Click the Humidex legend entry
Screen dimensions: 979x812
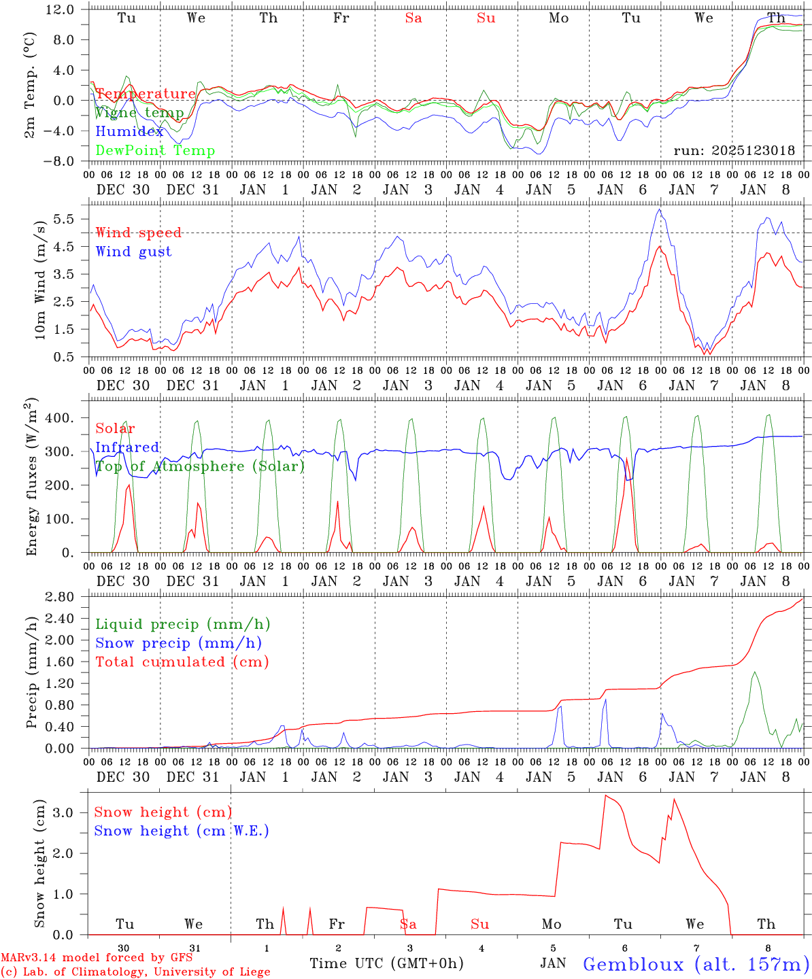[x=129, y=132]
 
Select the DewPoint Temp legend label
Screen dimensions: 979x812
[x=155, y=151]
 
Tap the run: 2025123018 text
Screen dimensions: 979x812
[x=734, y=151]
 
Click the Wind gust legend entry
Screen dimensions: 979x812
[x=133, y=252]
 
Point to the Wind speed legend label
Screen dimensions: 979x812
[x=139, y=233]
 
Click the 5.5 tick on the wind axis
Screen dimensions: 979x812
[x=66, y=219]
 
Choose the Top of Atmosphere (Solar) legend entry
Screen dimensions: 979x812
[x=199, y=466]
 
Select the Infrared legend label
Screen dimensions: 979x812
[x=127, y=447]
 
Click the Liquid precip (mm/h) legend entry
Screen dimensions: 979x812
[x=182, y=624]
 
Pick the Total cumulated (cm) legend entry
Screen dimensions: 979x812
[x=182, y=662]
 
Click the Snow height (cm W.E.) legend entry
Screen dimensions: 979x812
[x=182, y=831]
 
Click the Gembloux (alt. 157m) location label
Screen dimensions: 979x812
[x=696, y=964]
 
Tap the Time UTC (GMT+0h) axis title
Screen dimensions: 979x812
[x=386, y=963]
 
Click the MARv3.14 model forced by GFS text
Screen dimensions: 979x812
[x=96, y=958]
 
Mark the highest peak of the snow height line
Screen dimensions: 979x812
[x=605, y=795]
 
